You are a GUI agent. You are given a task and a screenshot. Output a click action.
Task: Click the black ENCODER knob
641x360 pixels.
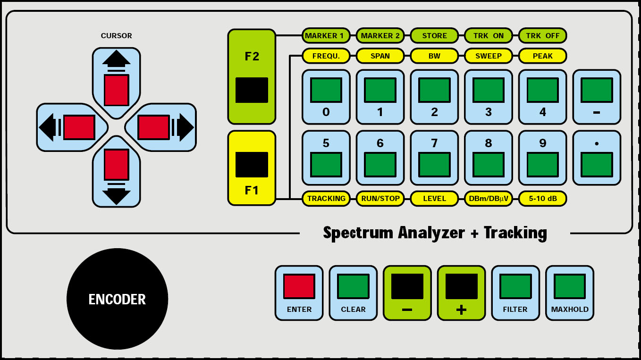click(x=117, y=299)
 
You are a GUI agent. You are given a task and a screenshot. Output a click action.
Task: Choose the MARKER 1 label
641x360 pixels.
click(x=326, y=35)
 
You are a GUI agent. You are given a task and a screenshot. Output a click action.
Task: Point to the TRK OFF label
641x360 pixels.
click(x=542, y=35)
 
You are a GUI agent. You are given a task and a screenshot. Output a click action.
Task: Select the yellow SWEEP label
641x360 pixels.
click(x=489, y=56)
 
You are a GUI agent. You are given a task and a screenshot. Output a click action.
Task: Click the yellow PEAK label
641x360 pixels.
click(x=542, y=56)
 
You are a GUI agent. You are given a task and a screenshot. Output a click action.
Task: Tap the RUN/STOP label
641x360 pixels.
click(x=380, y=199)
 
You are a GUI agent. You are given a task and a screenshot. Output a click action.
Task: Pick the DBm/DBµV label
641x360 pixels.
click(x=489, y=199)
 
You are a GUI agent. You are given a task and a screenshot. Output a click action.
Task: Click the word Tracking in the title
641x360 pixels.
click(x=515, y=233)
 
